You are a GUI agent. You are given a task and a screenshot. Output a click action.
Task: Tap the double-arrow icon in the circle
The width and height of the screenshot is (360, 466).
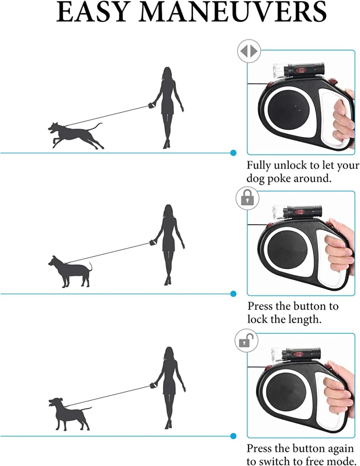(249, 51)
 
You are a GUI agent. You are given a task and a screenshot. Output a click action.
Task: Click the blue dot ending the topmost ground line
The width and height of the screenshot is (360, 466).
(233, 153)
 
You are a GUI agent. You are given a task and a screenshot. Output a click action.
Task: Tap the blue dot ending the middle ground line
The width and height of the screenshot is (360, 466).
(233, 294)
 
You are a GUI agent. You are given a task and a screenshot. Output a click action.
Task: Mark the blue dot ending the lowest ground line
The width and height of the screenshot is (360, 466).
(233, 436)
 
